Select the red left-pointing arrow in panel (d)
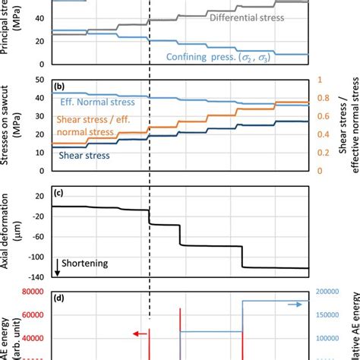click(137, 333)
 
